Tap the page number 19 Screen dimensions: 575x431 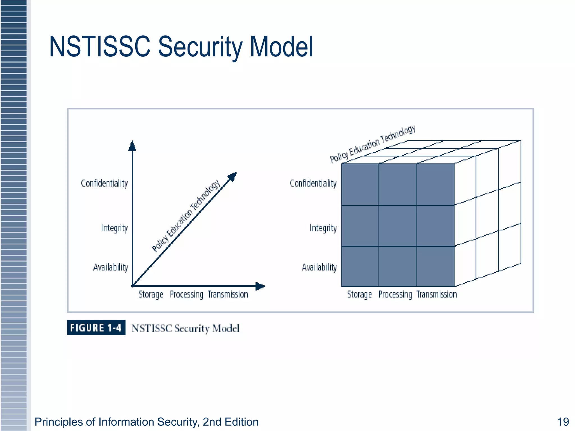tap(563, 422)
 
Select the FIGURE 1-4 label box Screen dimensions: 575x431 tap(96, 328)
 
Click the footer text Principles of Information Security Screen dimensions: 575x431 tap(146, 422)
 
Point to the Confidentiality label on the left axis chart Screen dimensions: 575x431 tap(104, 184)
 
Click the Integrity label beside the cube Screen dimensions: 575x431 tap(323, 228)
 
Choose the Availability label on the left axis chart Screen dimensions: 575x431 tap(111, 267)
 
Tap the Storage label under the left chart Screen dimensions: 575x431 tap(151, 295)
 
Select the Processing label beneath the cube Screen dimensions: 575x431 tap(395, 295)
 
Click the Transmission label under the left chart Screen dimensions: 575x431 tap(228, 295)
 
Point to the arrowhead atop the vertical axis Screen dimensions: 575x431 tap(132, 146)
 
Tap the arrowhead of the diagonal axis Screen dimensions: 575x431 tap(232, 177)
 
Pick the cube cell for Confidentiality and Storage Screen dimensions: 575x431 tap(360, 185)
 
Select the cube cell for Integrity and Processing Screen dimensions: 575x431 tap(397, 226)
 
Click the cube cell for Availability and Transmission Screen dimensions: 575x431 tap(435, 266)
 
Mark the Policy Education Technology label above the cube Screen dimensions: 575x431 tap(373, 144)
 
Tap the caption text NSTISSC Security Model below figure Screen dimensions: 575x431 tap(185, 329)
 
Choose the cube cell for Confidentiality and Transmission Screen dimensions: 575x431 tap(435, 185)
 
